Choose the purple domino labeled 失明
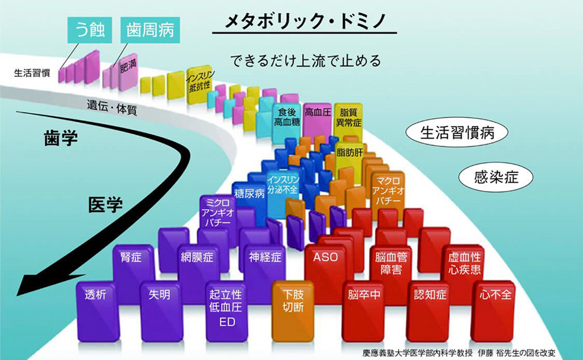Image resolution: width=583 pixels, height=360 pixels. (x=160, y=299)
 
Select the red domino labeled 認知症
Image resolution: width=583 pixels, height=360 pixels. (x=430, y=299)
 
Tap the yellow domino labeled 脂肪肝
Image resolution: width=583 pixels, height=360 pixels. (x=350, y=153)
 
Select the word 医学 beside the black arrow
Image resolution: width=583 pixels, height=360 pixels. (x=105, y=205)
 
